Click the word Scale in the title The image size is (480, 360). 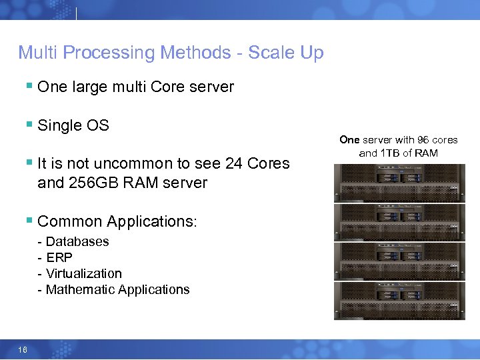272,53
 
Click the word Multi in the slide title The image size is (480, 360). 38,53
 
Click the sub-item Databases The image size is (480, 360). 77,241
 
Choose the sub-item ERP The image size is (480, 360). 59,257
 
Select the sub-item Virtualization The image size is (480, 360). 84,273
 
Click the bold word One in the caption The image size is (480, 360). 349,140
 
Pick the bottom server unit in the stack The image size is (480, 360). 399,300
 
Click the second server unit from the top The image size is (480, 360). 399,221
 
